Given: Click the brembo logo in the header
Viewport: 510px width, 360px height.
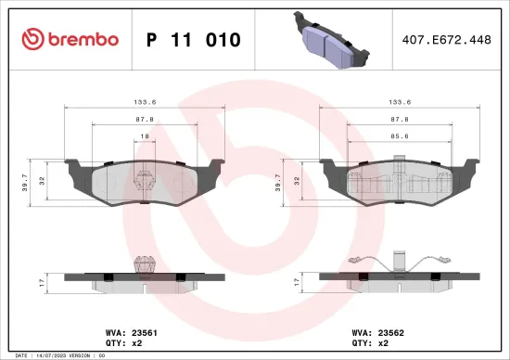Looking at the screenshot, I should point(70,39).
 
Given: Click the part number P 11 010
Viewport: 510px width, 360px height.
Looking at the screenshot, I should point(194,40).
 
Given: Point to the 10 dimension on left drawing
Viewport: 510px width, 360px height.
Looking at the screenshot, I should point(144,135).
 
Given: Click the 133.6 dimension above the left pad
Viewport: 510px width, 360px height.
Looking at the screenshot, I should point(144,103).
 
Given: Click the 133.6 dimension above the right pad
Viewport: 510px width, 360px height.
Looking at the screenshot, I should point(399,103).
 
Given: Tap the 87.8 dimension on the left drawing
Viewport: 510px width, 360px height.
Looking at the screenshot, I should point(144,119).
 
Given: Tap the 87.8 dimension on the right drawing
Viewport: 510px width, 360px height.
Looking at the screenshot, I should point(401,119).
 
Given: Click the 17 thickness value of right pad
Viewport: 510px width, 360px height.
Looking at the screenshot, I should point(296,279).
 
